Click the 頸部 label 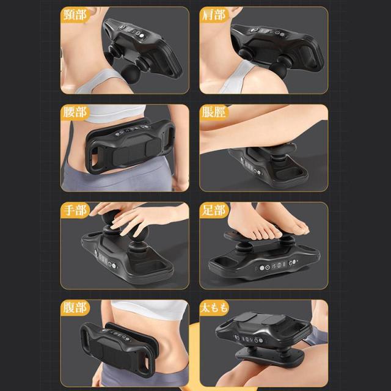(x=75, y=15)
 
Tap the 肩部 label (x=214, y=15)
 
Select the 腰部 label (x=75, y=112)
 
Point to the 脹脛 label (x=214, y=112)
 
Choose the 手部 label (x=75, y=210)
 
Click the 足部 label (x=214, y=210)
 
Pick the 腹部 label (x=75, y=308)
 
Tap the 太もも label (x=214, y=308)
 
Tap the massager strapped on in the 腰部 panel (x=130, y=146)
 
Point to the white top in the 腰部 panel (x=115, y=114)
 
